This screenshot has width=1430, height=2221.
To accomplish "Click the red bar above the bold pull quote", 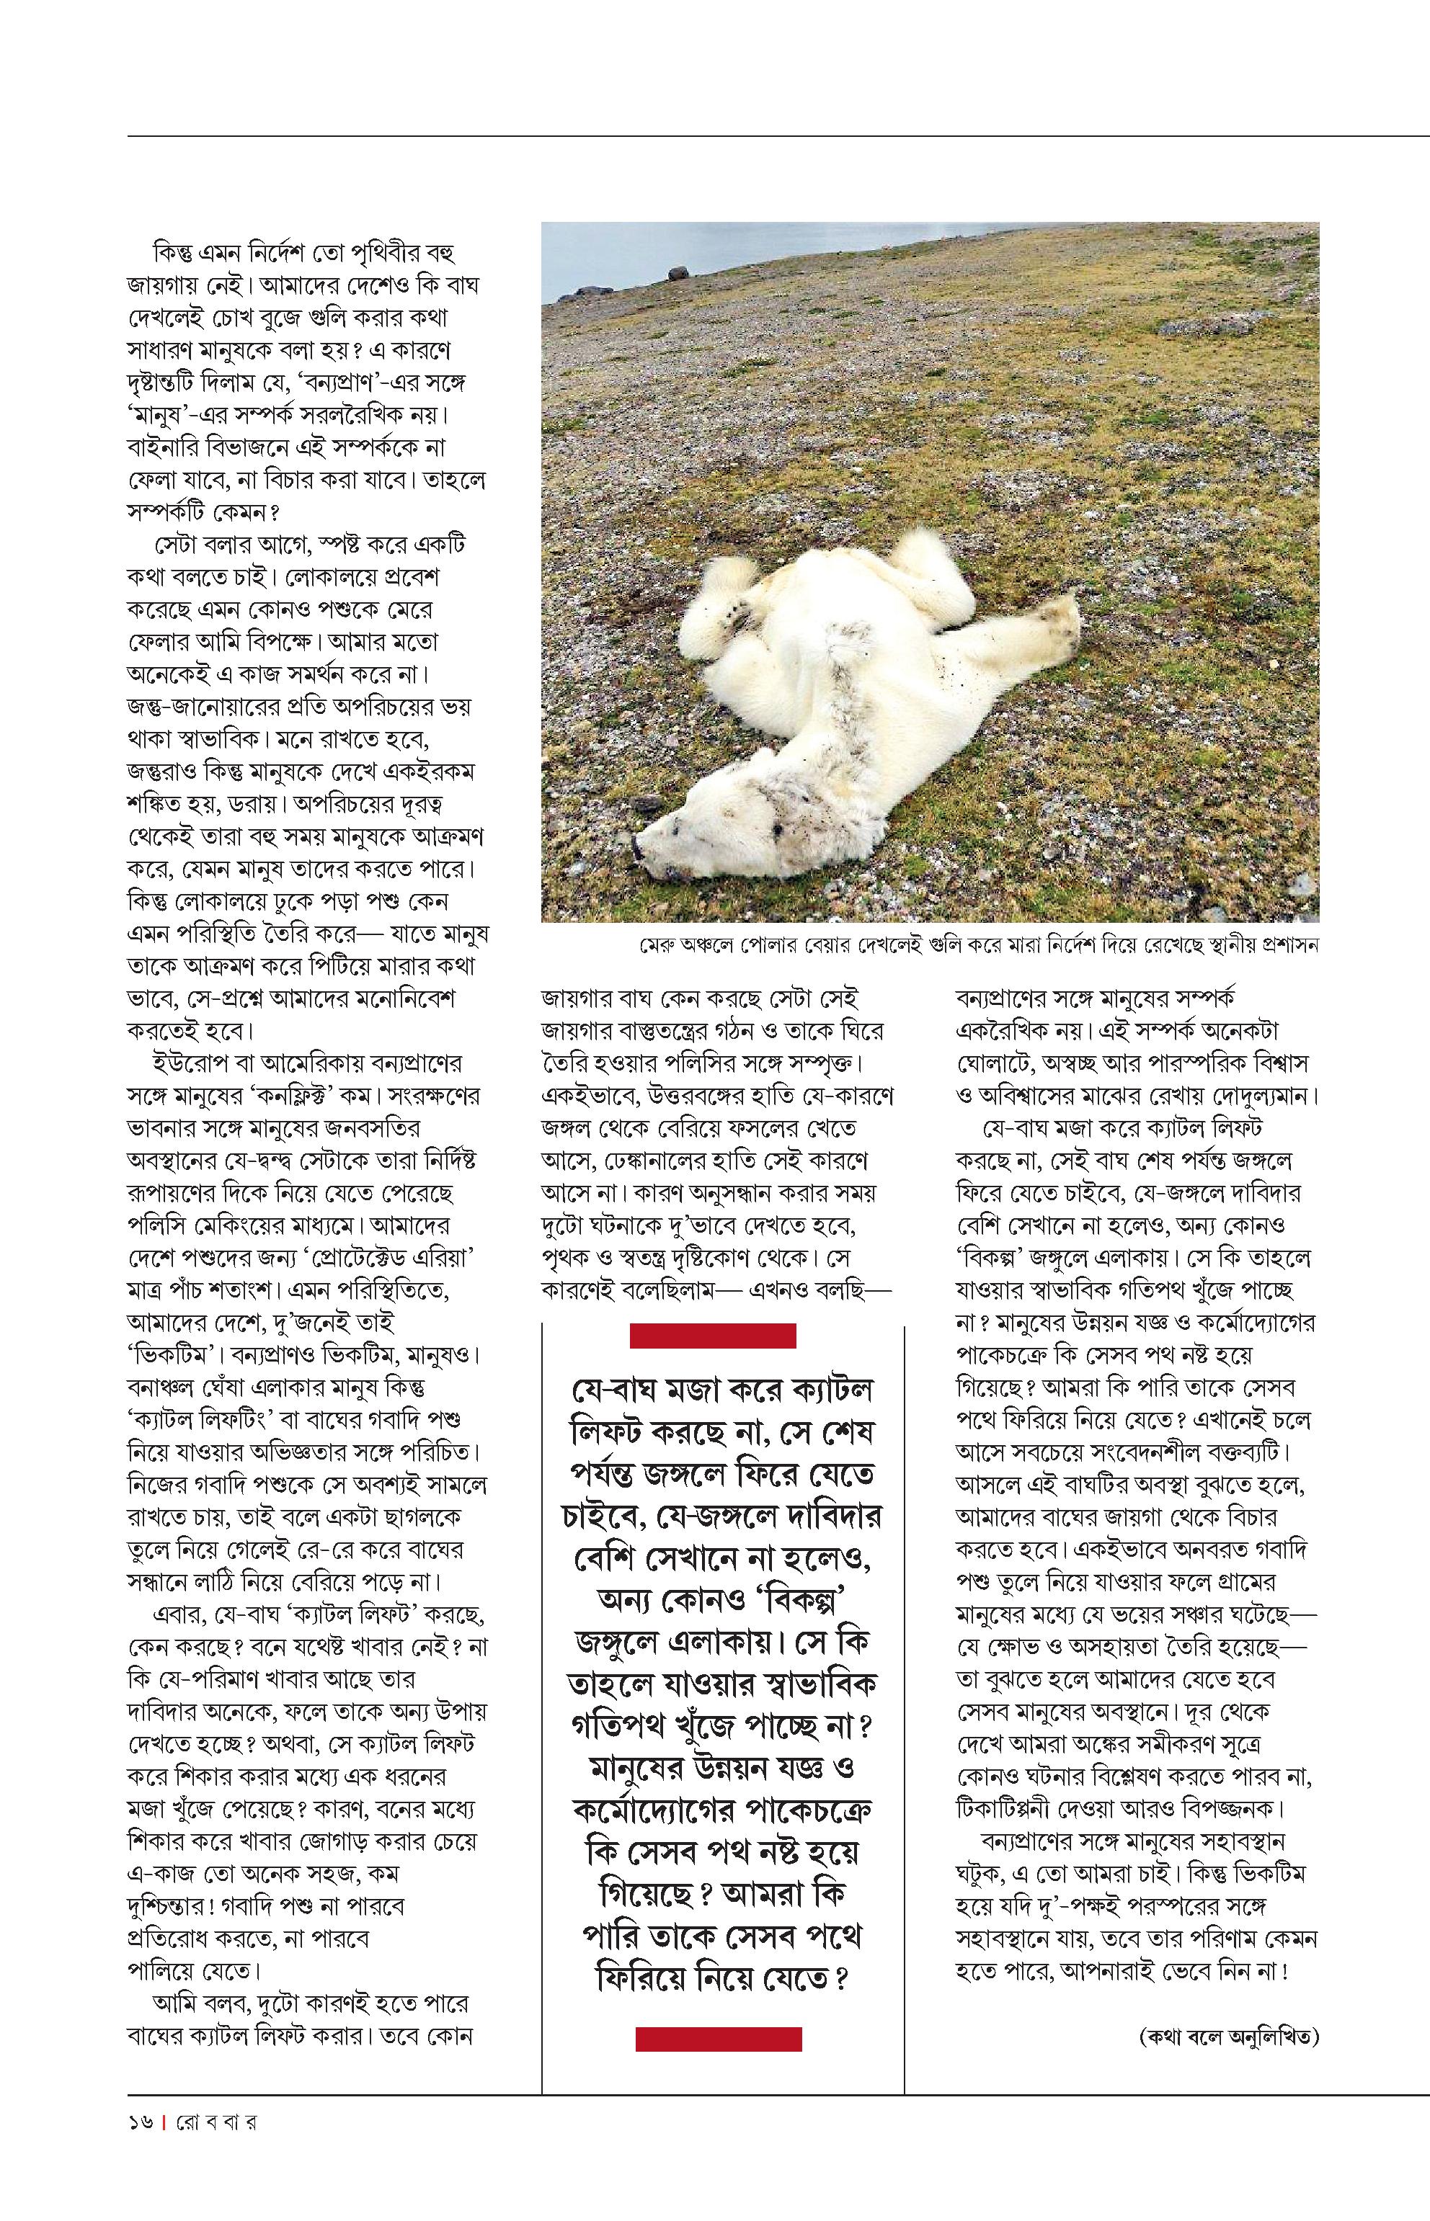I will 712,1336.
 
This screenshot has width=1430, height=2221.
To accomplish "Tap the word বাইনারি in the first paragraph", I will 165,447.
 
